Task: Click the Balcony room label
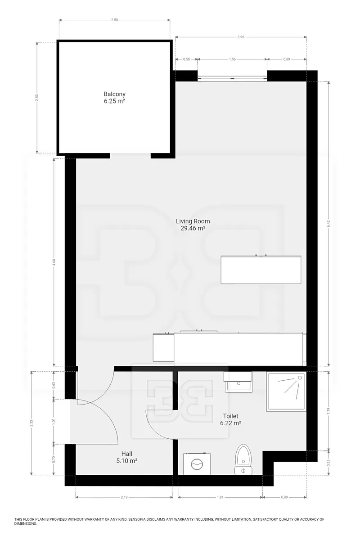click(x=114, y=94)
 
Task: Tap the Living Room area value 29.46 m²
click(x=193, y=228)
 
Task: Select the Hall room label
click(x=127, y=454)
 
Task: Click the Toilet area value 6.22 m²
click(x=231, y=423)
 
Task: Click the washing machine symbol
click(x=197, y=464)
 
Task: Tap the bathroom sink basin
click(x=238, y=382)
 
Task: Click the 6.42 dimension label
click(x=328, y=224)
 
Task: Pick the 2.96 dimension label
click(x=241, y=37)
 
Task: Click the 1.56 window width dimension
click(x=232, y=59)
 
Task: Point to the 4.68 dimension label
click(x=54, y=262)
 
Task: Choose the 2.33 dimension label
click(x=31, y=423)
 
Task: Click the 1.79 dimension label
click(x=328, y=410)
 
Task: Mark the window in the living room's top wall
click(x=232, y=78)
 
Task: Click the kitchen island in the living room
click(x=261, y=270)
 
